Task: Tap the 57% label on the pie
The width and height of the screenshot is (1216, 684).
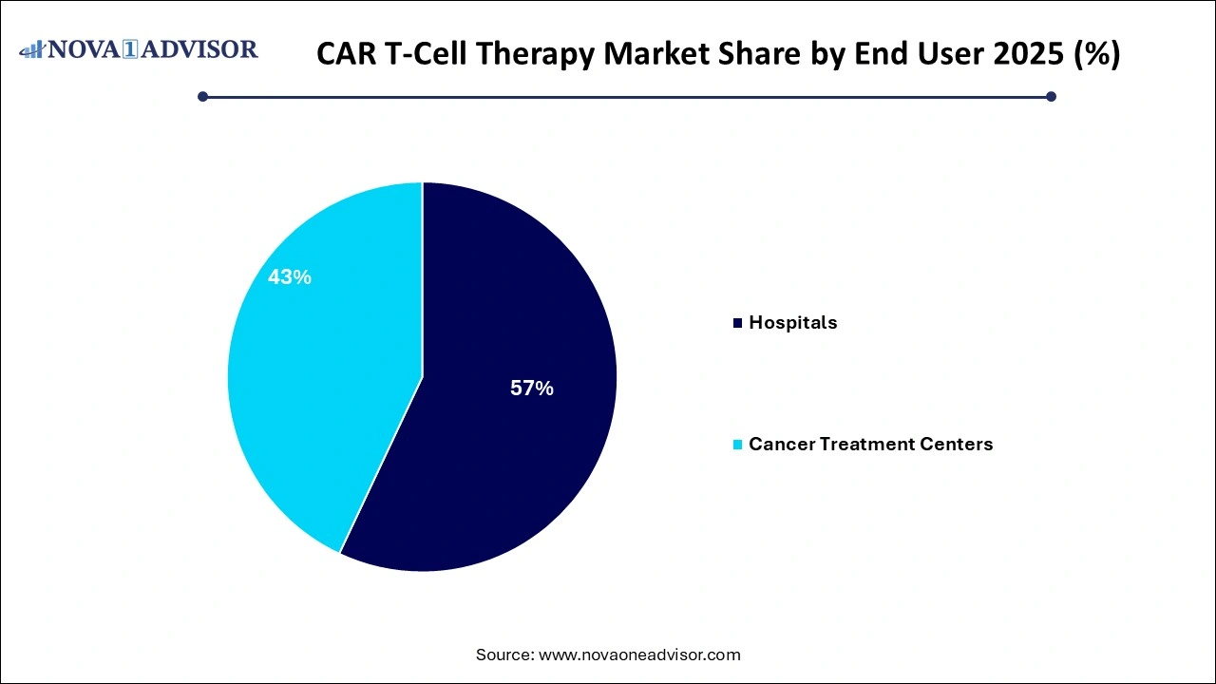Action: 531,388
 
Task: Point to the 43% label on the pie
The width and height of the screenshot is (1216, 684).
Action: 290,277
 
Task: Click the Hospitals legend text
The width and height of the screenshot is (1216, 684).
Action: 792,322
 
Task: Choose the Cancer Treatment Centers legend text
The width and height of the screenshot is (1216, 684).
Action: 870,444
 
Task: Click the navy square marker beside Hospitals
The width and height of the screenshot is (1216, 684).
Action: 737,323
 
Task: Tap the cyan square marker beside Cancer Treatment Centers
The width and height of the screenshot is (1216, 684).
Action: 737,445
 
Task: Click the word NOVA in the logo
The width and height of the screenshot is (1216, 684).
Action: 84,49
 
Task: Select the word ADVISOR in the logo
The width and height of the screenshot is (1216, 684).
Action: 202,49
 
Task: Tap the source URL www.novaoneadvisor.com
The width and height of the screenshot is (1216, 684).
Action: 639,655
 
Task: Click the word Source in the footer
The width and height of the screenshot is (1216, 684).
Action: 503,655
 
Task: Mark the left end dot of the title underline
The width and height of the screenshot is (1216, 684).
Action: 202,96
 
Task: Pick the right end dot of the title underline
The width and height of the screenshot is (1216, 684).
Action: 1051,96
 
